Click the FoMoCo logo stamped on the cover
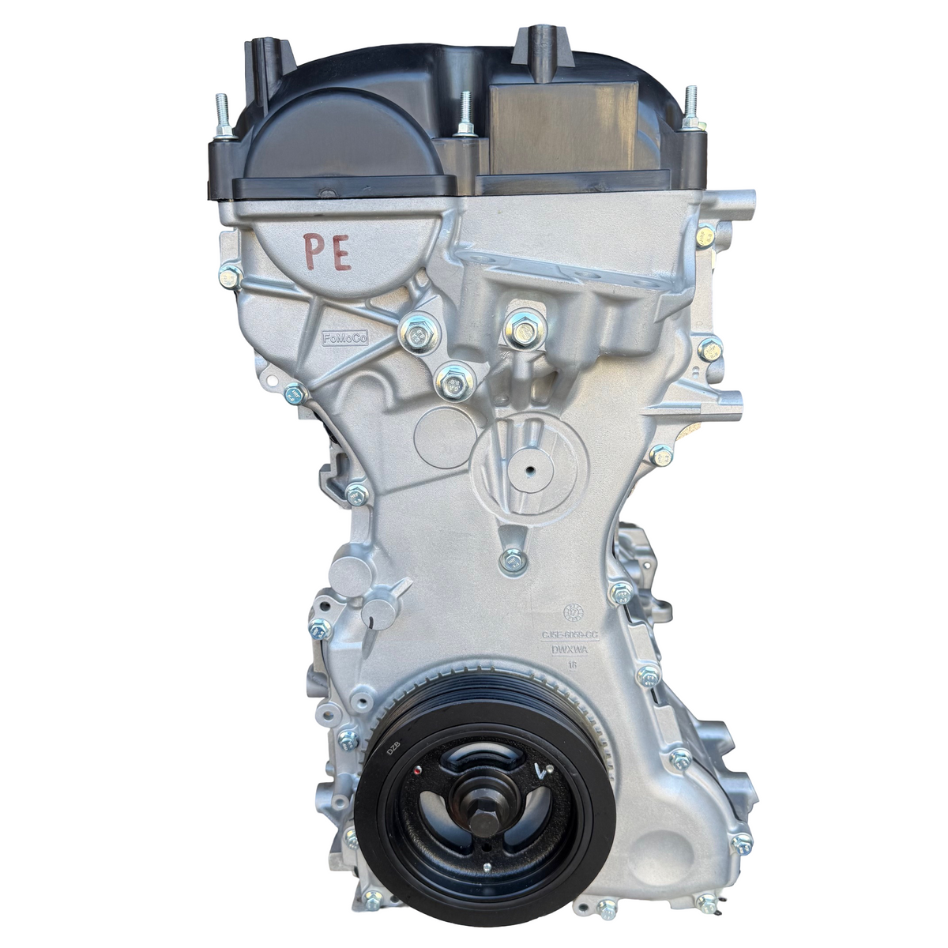tap(348, 337)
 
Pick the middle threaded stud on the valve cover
tap(465, 111)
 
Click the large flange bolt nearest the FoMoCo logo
tap(415, 333)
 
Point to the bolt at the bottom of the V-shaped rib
tap(510, 560)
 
